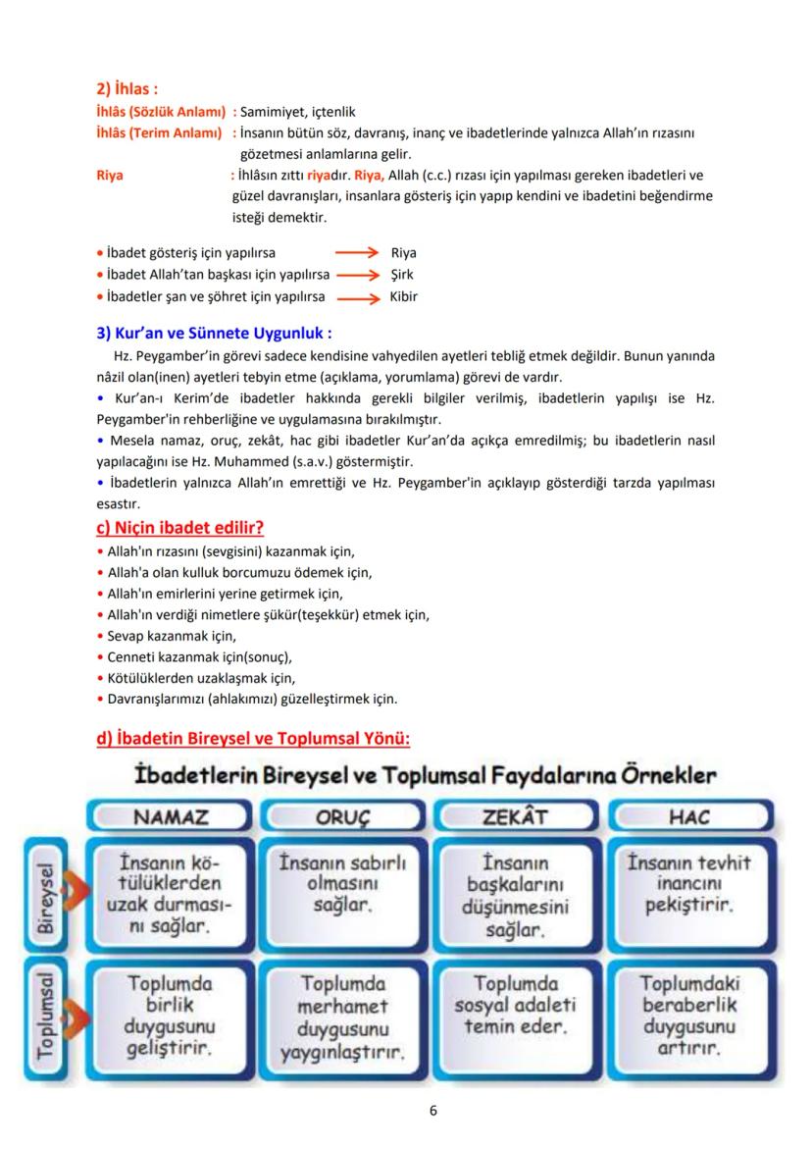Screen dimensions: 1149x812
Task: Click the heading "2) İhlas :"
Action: tap(127, 89)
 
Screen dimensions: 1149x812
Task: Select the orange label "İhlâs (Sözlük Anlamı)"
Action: tap(160, 113)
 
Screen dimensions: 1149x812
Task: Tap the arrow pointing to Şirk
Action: tap(357, 275)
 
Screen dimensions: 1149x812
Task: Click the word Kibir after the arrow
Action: tap(403, 296)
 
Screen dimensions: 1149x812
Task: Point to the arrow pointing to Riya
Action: tap(357, 253)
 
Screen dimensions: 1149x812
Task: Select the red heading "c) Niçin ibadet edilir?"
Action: tap(179, 527)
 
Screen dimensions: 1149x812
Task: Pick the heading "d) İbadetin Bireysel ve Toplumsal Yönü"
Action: tap(253, 738)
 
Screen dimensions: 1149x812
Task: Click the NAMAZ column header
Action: tap(171, 816)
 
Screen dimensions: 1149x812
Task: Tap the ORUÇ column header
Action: tap(342, 816)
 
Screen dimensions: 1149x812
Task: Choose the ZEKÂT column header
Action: tap(515, 816)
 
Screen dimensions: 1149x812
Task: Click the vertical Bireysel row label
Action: tap(45, 895)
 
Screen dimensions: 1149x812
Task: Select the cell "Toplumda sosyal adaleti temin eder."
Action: tap(515, 1005)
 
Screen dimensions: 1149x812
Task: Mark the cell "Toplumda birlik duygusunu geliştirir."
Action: tap(171, 1015)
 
